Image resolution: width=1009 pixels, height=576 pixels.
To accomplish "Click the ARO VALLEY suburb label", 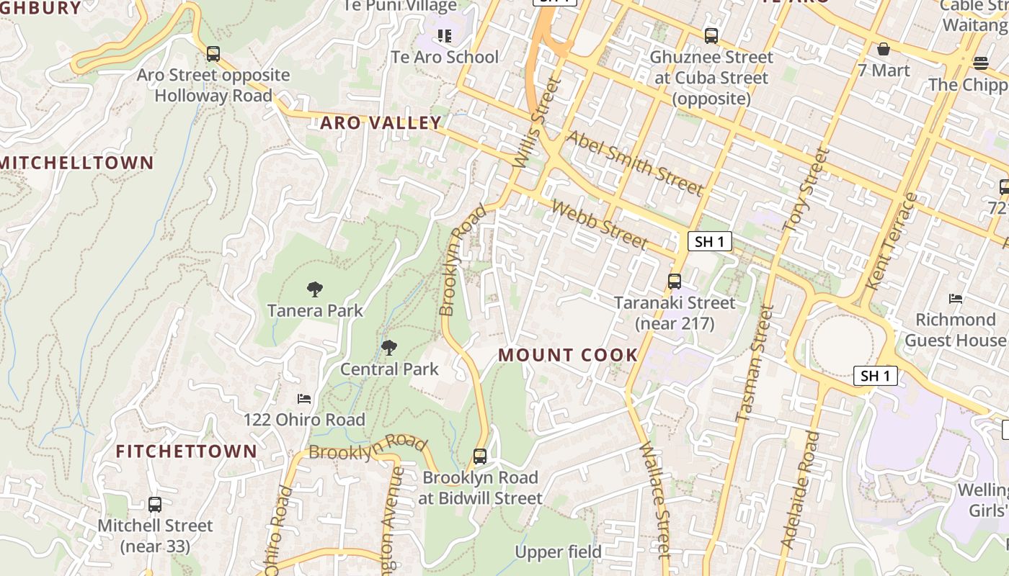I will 381,123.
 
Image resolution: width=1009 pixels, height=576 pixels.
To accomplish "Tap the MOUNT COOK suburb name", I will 568,355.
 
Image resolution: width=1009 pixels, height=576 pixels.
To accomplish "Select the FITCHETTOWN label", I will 187,451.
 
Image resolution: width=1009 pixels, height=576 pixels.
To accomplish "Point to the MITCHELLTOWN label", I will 77,163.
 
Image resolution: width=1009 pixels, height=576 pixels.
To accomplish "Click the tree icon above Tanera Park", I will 314,289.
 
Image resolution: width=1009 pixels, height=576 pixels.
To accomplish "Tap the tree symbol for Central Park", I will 389,348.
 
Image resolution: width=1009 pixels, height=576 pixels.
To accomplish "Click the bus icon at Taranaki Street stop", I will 675,282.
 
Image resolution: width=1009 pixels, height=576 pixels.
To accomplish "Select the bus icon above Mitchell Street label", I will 155,505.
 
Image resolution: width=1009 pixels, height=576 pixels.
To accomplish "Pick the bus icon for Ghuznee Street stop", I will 711,36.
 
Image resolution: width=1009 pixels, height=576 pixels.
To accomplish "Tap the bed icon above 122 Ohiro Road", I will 304,399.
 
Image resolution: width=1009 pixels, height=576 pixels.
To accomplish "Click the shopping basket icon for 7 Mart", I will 884,49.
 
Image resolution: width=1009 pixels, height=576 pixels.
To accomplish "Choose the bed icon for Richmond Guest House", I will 956,298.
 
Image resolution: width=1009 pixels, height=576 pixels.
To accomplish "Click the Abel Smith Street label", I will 634,163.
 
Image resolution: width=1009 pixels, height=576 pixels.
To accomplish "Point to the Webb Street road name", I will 599,225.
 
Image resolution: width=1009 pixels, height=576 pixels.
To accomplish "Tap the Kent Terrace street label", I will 891,242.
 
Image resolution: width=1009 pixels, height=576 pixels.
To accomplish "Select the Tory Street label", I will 806,190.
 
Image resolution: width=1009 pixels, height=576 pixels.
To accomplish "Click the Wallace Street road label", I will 655,500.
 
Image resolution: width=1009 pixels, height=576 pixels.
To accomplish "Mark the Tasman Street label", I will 755,364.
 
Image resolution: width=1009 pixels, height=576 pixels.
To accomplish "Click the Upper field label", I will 558,552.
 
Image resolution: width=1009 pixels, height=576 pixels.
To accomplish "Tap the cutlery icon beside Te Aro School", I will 445,35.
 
